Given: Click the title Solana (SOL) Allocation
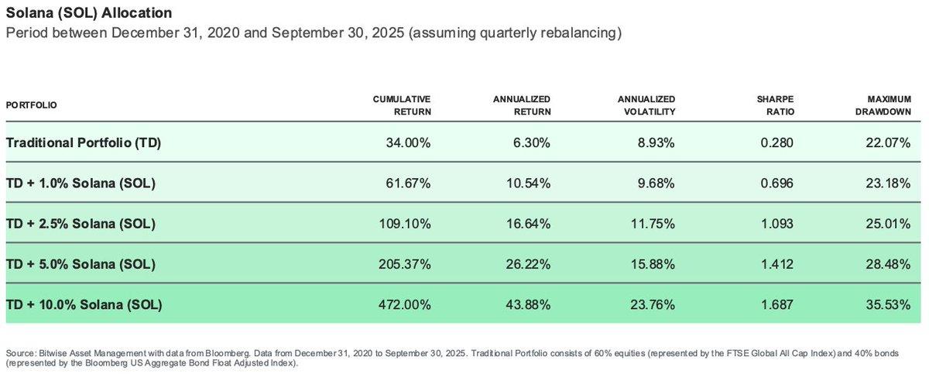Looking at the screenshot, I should [89, 14].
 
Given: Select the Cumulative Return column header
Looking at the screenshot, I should [402, 105].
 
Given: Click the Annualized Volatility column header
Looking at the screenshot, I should [646, 105].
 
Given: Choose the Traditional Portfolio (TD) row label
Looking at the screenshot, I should [84, 143].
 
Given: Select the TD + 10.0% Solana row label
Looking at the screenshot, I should [84, 304].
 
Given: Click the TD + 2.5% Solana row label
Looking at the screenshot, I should [81, 224].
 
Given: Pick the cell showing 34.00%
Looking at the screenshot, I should [409, 143].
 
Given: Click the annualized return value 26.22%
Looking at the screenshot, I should [529, 264].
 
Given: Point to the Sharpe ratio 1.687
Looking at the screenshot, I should [777, 304].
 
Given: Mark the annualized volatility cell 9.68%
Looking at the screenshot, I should [655, 184].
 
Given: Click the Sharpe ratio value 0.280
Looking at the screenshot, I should [777, 143].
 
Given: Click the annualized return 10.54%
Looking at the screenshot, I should [529, 184].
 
